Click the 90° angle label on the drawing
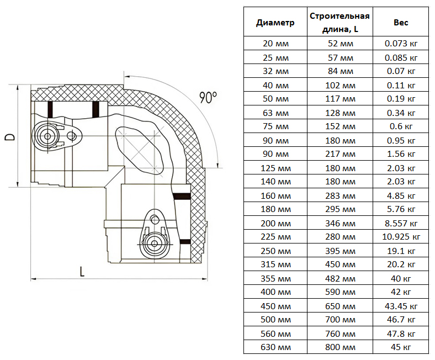pyautogui.click(x=208, y=98)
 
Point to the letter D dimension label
pyautogui.click(x=10, y=136)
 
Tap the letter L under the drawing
pyautogui.click(x=82, y=271)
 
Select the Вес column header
pyautogui.click(x=401, y=23)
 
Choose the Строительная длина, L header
pyautogui.click(x=339, y=23)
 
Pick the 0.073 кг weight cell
pyautogui.click(x=401, y=44)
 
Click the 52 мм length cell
pyautogui.click(x=339, y=44)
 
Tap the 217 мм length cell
pyautogui.click(x=339, y=154)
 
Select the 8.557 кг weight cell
pyautogui.click(x=401, y=223)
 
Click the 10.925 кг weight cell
pyautogui.click(x=401, y=237)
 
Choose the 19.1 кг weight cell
pyautogui.click(x=401, y=251)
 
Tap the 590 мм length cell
pyautogui.click(x=339, y=292)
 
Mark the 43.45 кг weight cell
pyautogui.click(x=401, y=306)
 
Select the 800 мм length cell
pyautogui.click(x=339, y=347)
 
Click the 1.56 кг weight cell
pyautogui.click(x=401, y=154)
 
